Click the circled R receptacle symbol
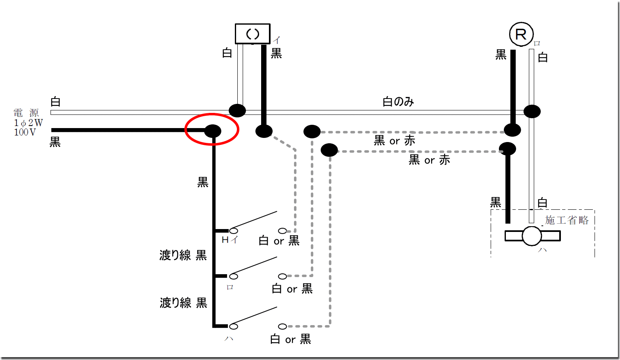(x=521, y=34)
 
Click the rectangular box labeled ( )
(x=253, y=34)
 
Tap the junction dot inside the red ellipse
(x=213, y=131)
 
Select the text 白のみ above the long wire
(x=398, y=101)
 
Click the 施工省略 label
(x=567, y=220)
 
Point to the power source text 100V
(x=25, y=132)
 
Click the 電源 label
(x=26, y=112)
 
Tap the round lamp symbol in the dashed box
(x=532, y=236)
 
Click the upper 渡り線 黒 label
(x=183, y=255)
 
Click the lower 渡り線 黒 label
(x=183, y=303)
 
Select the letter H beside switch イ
(x=225, y=240)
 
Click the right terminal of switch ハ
(x=282, y=326)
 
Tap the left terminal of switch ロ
(x=234, y=276)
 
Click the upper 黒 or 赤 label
(x=394, y=141)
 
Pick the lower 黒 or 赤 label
(x=429, y=160)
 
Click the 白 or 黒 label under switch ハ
(x=290, y=339)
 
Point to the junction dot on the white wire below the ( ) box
(x=237, y=110)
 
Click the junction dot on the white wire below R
(x=532, y=111)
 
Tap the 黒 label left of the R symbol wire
(x=501, y=55)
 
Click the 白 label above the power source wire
(x=55, y=101)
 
